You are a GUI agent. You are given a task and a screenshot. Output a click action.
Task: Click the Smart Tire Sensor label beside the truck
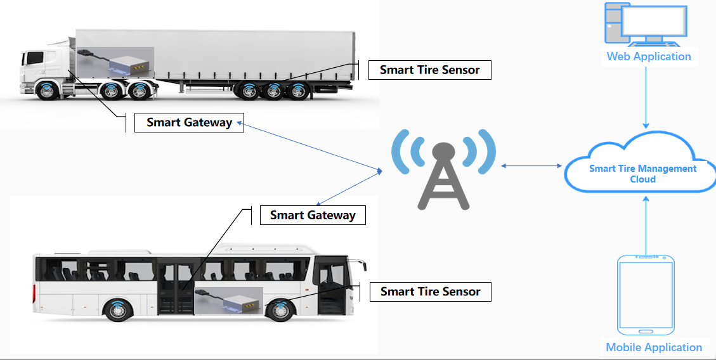pos(429,70)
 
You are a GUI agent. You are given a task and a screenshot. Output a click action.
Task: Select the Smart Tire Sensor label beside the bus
pos(430,292)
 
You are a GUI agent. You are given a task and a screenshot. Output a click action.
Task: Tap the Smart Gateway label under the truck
pos(189,122)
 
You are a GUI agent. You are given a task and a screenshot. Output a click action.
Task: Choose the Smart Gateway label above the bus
pos(313,215)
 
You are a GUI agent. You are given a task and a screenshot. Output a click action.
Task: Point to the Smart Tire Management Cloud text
pos(642,174)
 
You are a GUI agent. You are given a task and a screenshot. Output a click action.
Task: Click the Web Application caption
pos(649,56)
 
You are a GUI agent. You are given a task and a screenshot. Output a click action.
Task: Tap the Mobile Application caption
pos(654,347)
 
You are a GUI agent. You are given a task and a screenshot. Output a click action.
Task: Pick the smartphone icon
pos(646,294)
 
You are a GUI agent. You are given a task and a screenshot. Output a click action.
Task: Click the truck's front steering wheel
pos(48,91)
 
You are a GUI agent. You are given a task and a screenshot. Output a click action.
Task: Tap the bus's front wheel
pos(280,311)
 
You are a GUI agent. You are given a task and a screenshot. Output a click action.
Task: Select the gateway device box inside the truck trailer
pos(130,64)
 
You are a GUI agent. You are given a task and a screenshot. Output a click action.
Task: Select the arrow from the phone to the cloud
pos(646,225)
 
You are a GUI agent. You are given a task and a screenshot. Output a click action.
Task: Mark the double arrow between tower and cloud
pos(531,166)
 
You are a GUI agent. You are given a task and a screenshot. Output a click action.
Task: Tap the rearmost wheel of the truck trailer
pos(297,91)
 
